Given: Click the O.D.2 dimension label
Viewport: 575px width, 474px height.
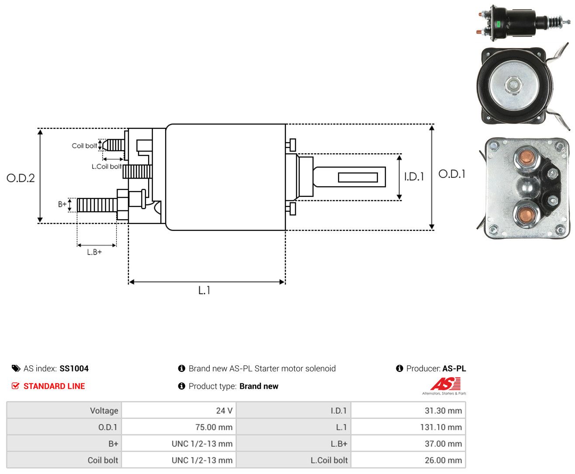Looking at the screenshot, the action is click(x=21, y=178).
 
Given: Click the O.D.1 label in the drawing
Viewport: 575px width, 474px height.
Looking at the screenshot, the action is click(x=452, y=174).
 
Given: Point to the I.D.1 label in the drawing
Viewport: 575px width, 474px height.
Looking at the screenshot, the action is click(x=414, y=177).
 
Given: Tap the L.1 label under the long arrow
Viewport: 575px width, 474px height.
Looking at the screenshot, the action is click(x=204, y=290).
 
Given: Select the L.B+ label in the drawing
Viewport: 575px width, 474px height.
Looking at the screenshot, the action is click(x=94, y=252).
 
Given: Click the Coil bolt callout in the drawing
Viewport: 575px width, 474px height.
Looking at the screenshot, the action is click(x=84, y=145).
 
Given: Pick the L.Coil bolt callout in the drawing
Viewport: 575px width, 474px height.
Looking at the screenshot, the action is click(x=106, y=166).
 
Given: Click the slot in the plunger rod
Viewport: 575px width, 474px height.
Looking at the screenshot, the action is click(x=358, y=178).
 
